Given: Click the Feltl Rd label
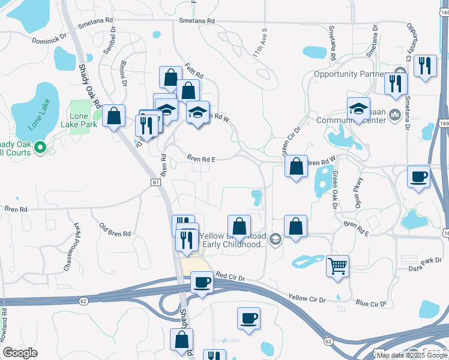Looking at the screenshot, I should click(194, 74).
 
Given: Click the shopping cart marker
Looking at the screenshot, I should click(338, 266).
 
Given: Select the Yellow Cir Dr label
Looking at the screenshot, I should click(306, 298).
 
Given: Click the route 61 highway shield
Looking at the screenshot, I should click(156, 182).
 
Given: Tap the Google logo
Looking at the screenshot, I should click(20, 352).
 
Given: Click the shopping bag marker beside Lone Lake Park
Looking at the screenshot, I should click(113, 116).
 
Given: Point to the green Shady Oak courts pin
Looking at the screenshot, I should click(40, 146).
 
